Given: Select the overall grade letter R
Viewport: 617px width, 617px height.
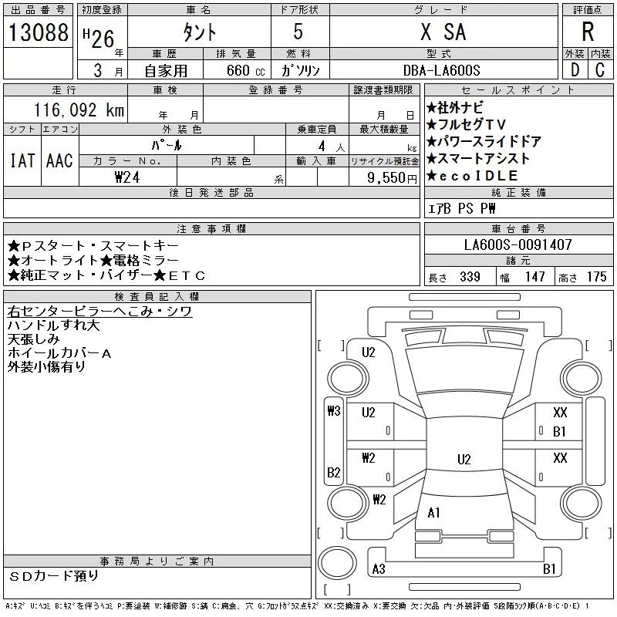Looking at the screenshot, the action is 587,32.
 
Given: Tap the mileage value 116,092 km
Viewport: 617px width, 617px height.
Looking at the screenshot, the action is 77,110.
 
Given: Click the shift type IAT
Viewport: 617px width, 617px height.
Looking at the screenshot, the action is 22,160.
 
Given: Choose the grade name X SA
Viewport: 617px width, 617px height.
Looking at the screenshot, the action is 443,32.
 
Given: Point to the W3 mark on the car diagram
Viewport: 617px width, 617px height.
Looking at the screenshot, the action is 333,410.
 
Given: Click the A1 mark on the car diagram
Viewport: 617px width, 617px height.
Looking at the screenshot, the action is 433,512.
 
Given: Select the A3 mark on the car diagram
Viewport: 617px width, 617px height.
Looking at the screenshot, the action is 379,569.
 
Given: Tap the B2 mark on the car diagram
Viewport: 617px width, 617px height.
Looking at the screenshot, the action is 334,472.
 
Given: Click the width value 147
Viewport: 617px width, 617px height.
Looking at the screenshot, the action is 534,277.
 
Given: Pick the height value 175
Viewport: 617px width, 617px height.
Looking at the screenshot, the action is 596,277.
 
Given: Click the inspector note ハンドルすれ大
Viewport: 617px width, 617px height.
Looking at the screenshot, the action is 53,325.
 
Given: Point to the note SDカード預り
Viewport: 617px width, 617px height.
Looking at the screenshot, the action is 55,575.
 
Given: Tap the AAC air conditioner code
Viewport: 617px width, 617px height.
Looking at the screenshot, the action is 59,160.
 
